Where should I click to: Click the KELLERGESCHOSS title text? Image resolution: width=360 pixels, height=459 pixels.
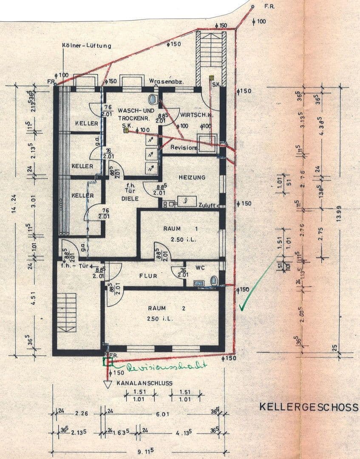(309, 407)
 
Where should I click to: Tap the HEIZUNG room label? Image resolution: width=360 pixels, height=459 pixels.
(192, 177)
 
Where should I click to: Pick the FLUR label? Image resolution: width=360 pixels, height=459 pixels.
(148, 276)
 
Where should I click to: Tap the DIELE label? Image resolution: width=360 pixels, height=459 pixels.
(130, 198)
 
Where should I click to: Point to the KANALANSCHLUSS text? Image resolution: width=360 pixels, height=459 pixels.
(145, 383)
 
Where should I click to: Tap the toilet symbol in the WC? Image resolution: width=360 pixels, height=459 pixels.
(215, 280)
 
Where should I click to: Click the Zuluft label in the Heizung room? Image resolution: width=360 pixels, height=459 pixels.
(207, 205)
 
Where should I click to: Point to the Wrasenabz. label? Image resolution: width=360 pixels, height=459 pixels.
(166, 81)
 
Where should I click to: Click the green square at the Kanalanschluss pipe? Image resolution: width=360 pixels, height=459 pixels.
(108, 362)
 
